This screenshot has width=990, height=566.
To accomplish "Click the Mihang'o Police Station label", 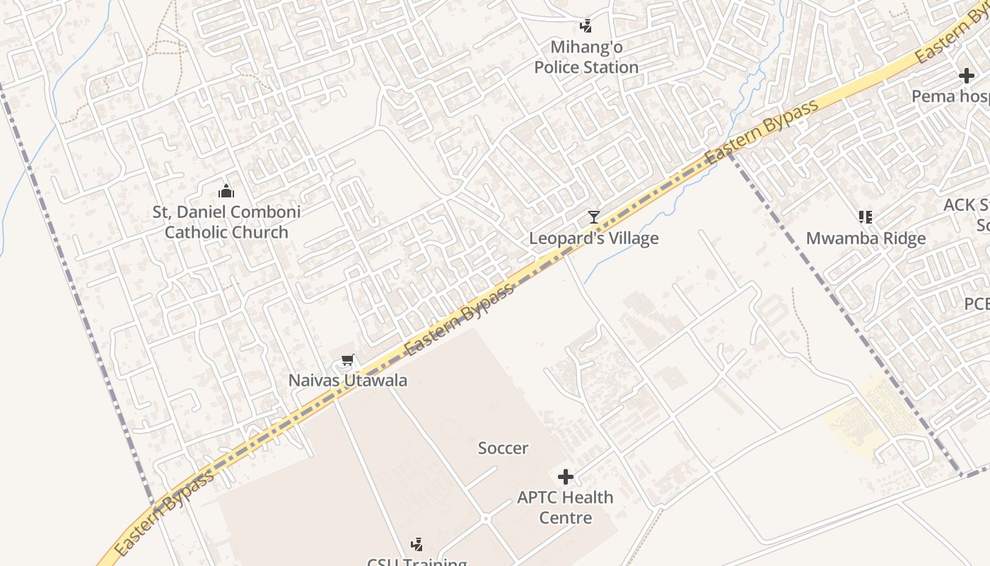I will pos(586,57).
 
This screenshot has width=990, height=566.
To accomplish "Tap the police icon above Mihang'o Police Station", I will pos(586,27).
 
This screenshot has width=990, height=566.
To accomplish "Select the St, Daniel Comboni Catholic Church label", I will pos(226,221).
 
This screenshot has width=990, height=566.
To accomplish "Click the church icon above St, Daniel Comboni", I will pos(226,191).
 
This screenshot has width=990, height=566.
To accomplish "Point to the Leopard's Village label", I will pos(594,238).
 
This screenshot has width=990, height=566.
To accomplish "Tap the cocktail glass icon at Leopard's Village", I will pos(594,216).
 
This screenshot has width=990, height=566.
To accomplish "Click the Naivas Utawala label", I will pos(347,381).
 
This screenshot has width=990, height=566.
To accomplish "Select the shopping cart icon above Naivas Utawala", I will pos(347,361).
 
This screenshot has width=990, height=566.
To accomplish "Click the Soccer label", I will pos(503,448).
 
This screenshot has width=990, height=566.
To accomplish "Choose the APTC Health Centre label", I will pos(565,507).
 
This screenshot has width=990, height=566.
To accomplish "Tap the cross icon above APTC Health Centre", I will pos(565,477).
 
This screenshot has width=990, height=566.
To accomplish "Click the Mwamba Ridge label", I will pos(866,238).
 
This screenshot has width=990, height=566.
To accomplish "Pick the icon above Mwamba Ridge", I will pos(866,216).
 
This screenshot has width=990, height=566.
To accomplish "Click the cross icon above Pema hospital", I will pos(967,76).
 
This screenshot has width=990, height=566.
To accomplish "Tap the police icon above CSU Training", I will pos(417,544).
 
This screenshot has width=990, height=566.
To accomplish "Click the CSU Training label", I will pos(417,562).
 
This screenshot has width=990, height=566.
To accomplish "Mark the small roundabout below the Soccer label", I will pos(486,519).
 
